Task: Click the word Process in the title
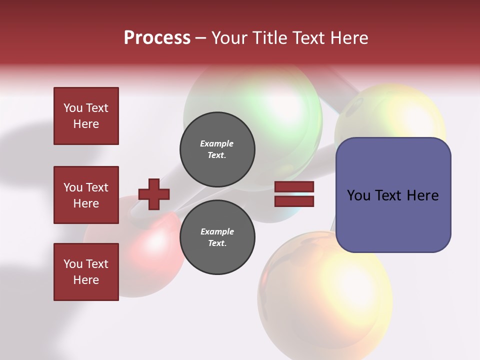pos(157,38)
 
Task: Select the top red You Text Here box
pos(86,116)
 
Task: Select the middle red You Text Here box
pos(86,195)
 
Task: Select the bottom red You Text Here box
pos(86,272)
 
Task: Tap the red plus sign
pos(154,194)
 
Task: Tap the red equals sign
pos(294,194)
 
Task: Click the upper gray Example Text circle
pos(217,149)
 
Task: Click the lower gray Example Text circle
pos(217,237)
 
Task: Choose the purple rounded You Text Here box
pos(393,195)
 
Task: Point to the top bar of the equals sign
pos(294,187)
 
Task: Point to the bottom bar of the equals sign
pos(294,201)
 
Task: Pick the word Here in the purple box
pos(422,195)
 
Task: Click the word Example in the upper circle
pos(216,143)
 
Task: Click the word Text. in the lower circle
pos(217,243)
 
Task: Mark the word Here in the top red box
pos(86,124)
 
